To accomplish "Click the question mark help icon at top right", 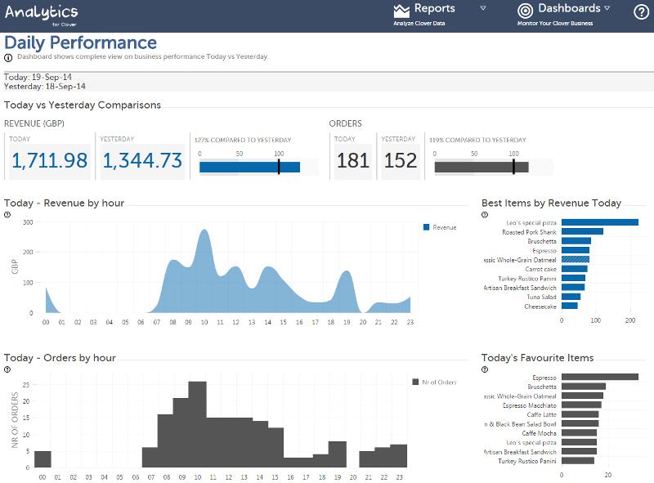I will pyautogui.click(x=641, y=11).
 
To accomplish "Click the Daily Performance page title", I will pyautogui.click(x=80, y=42).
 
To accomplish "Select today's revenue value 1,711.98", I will pyautogui.click(x=49, y=160).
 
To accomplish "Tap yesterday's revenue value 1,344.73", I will pyautogui.click(x=141, y=160).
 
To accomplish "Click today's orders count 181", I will pyautogui.click(x=353, y=160).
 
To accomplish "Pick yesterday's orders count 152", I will pyautogui.click(x=401, y=160).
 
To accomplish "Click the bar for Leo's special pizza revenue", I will pyautogui.click(x=599, y=222).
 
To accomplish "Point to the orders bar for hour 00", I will pyautogui.click(x=43, y=460).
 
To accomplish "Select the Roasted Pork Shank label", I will pyautogui.click(x=529, y=232).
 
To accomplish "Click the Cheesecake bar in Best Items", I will pyautogui.click(x=569, y=306).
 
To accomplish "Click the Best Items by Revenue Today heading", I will pyautogui.click(x=551, y=203).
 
